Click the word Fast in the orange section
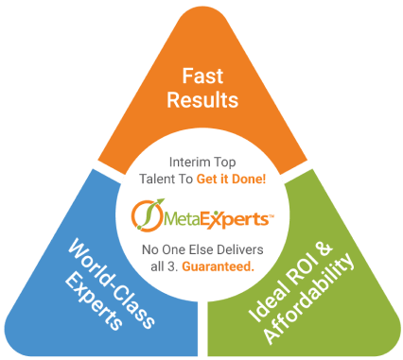(x=202, y=76)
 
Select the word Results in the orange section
(x=202, y=100)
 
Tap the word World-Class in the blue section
(x=112, y=283)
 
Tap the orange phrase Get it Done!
(x=231, y=179)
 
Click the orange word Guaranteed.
(x=219, y=266)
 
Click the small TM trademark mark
(x=271, y=216)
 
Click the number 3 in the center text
(x=176, y=267)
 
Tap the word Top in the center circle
(x=224, y=163)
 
